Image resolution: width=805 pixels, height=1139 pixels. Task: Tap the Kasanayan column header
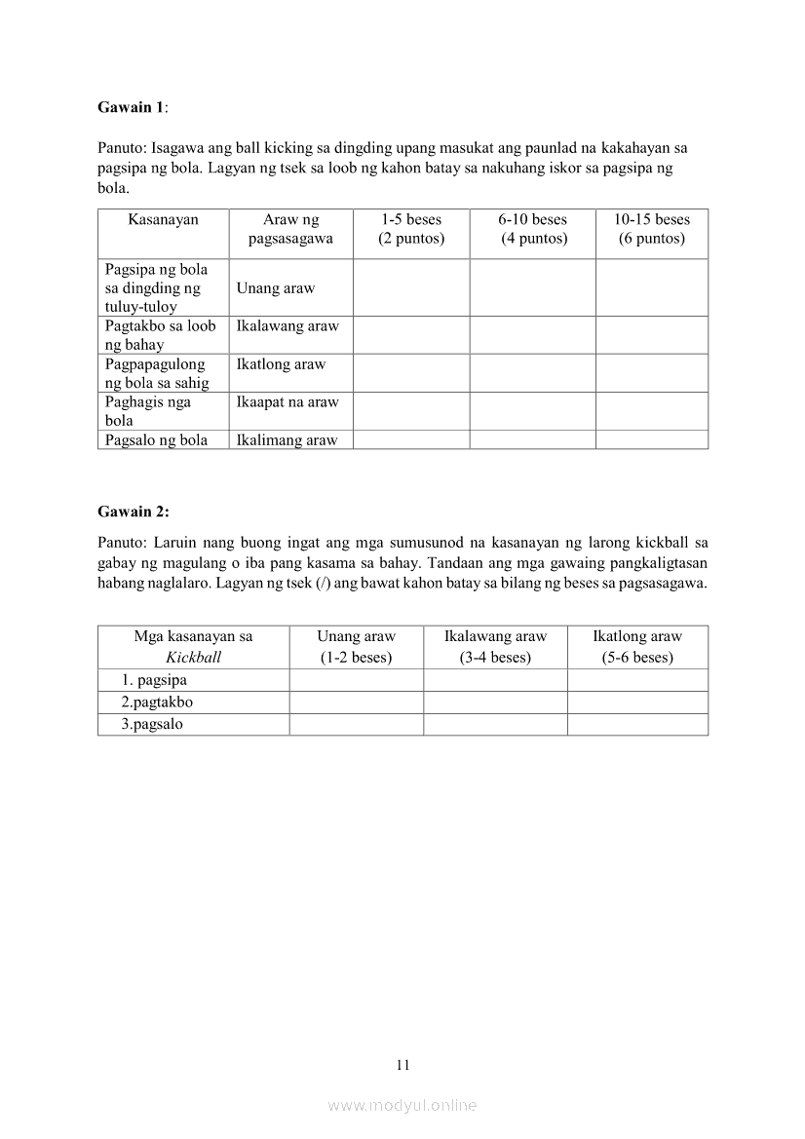pyautogui.click(x=163, y=220)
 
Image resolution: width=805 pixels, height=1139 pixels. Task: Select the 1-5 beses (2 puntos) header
pyautogui.click(x=410, y=229)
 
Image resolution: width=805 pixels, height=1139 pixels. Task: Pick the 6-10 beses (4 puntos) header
pyautogui.click(x=532, y=229)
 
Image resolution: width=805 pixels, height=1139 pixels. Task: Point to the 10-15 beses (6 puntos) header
pyautogui.click(x=651, y=229)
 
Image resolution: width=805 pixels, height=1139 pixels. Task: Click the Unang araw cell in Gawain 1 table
pyautogui.click(x=276, y=288)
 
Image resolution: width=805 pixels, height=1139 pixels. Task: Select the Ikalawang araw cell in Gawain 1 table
pyautogui.click(x=287, y=326)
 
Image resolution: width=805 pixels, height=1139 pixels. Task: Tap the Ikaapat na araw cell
pyautogui.click(x=287, y=402)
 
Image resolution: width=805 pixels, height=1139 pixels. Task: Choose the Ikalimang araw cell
pyautogui.click(x=287, y=440)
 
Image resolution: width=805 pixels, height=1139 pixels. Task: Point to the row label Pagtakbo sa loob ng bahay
pyautogui.click(x=160, y=335)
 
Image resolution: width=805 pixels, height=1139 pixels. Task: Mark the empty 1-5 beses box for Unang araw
pyautogui.click(x=410, y=287)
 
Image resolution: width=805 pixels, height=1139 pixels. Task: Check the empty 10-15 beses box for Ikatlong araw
pyautogui.click(x=651, y=372)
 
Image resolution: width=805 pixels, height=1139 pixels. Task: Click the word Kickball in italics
pyautogui.click(x=193, y=657)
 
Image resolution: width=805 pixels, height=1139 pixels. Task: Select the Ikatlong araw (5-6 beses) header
pyautogui.click(x=637, y=646)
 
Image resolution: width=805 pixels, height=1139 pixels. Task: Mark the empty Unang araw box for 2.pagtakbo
pyautogui.click(x=356, y=702)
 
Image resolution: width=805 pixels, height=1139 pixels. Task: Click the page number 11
pyautogui.click(x=402, y=1065)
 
